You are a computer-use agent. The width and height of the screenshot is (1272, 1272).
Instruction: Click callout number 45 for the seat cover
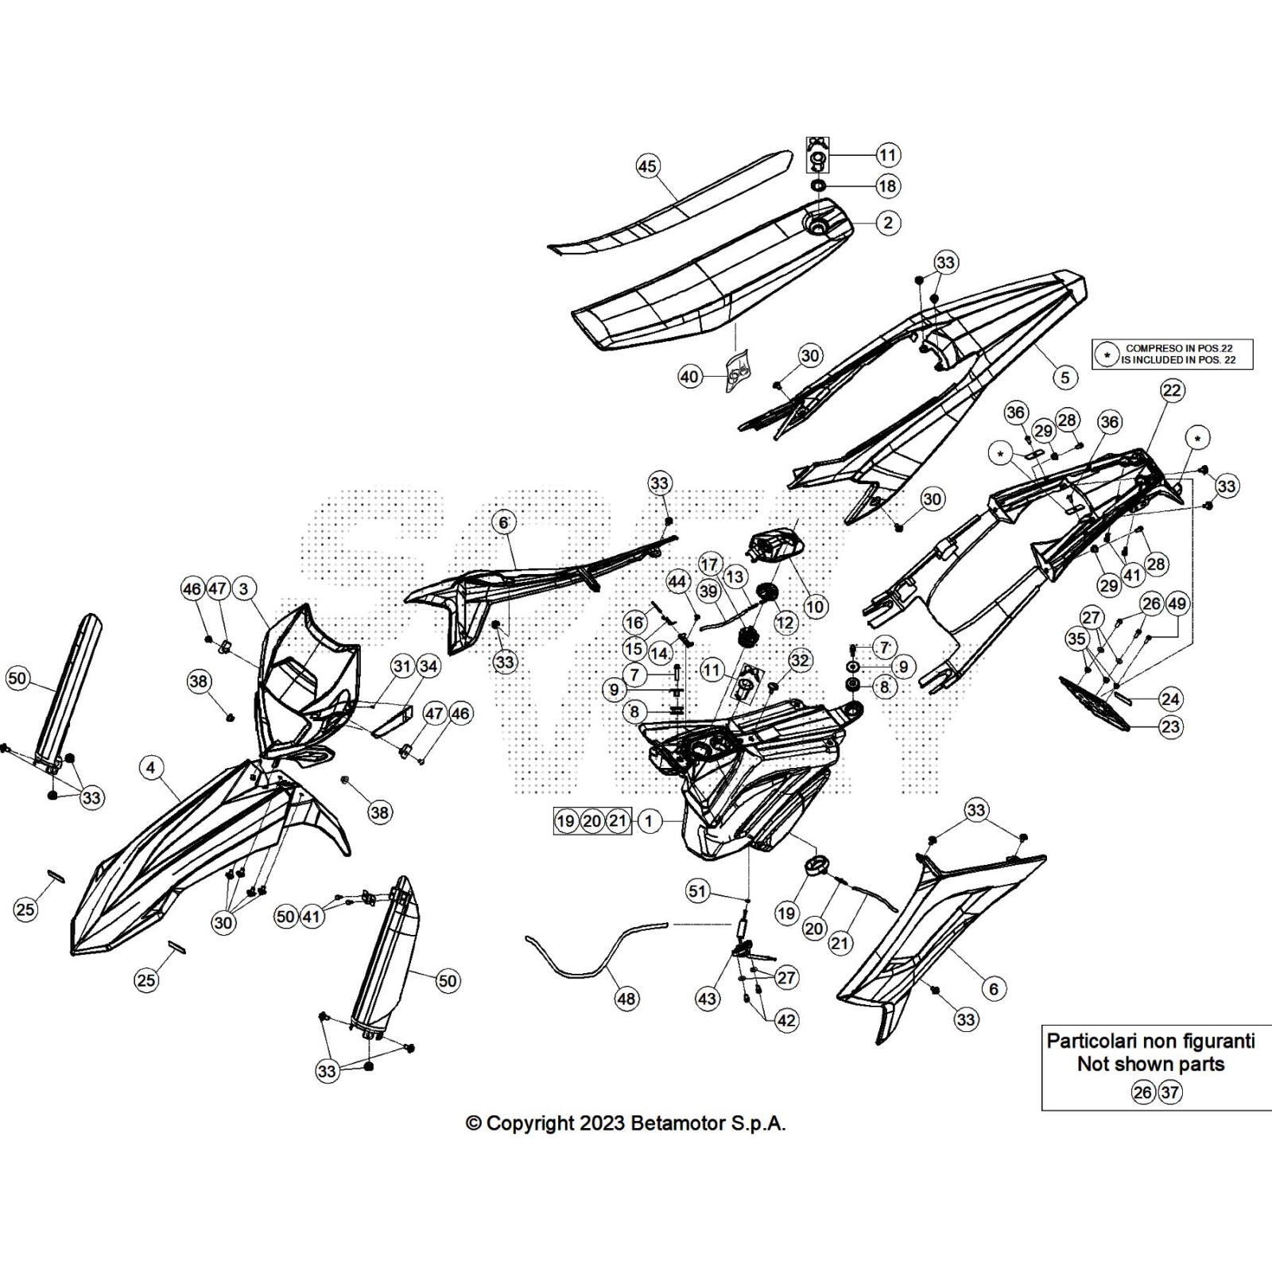pyautogui.click(x=648, y=166)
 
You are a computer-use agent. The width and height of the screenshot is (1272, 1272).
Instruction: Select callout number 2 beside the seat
pyautogui.click(x=887, y=223)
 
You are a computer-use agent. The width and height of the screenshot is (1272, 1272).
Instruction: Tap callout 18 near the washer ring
pyautogui.click(x=887, y=186)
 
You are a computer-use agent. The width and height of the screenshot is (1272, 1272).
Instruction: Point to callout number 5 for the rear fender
pyautogui.click(x=1065, y=377)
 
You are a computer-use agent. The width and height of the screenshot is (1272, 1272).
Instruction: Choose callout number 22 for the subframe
pyautogui.click(x=1172, y=390)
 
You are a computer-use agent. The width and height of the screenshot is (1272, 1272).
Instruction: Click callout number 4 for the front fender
pyautogui.click(x=150, y=767)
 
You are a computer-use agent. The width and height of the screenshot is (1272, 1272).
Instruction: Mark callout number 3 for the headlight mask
pyautogui.click(x=243, y=589)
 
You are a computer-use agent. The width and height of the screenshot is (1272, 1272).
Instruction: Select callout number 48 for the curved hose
pyautogui.click(x=626, y=999)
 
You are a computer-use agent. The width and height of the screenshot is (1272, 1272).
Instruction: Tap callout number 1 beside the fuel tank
pyautogui.click(x=649, y=820)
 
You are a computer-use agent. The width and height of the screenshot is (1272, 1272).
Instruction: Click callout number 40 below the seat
pyautogui.click(x=689, y=376)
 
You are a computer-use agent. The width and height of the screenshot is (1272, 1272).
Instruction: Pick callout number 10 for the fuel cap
pyautogui.click(x=815, y=607)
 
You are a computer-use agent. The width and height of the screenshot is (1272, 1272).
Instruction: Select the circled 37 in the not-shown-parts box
pyautogui.click(x=1169, y=1092)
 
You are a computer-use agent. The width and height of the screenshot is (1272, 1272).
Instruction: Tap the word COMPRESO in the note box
pyautogui.click(x=1152, y=348)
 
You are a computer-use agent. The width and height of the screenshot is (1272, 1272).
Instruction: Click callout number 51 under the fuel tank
pyautogui.click(x=697, y=891)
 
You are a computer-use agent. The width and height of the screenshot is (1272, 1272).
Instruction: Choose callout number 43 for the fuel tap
pyautogui.click(x=707, y=999)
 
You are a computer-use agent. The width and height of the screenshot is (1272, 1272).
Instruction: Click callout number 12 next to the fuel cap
pyautogui.click(x=785, y=622)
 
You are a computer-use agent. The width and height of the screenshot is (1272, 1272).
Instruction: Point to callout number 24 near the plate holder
pyautogui.click(x=1170, y=700)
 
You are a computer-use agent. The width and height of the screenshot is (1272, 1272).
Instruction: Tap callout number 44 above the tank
pyautogui.click(x=677, y=582)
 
